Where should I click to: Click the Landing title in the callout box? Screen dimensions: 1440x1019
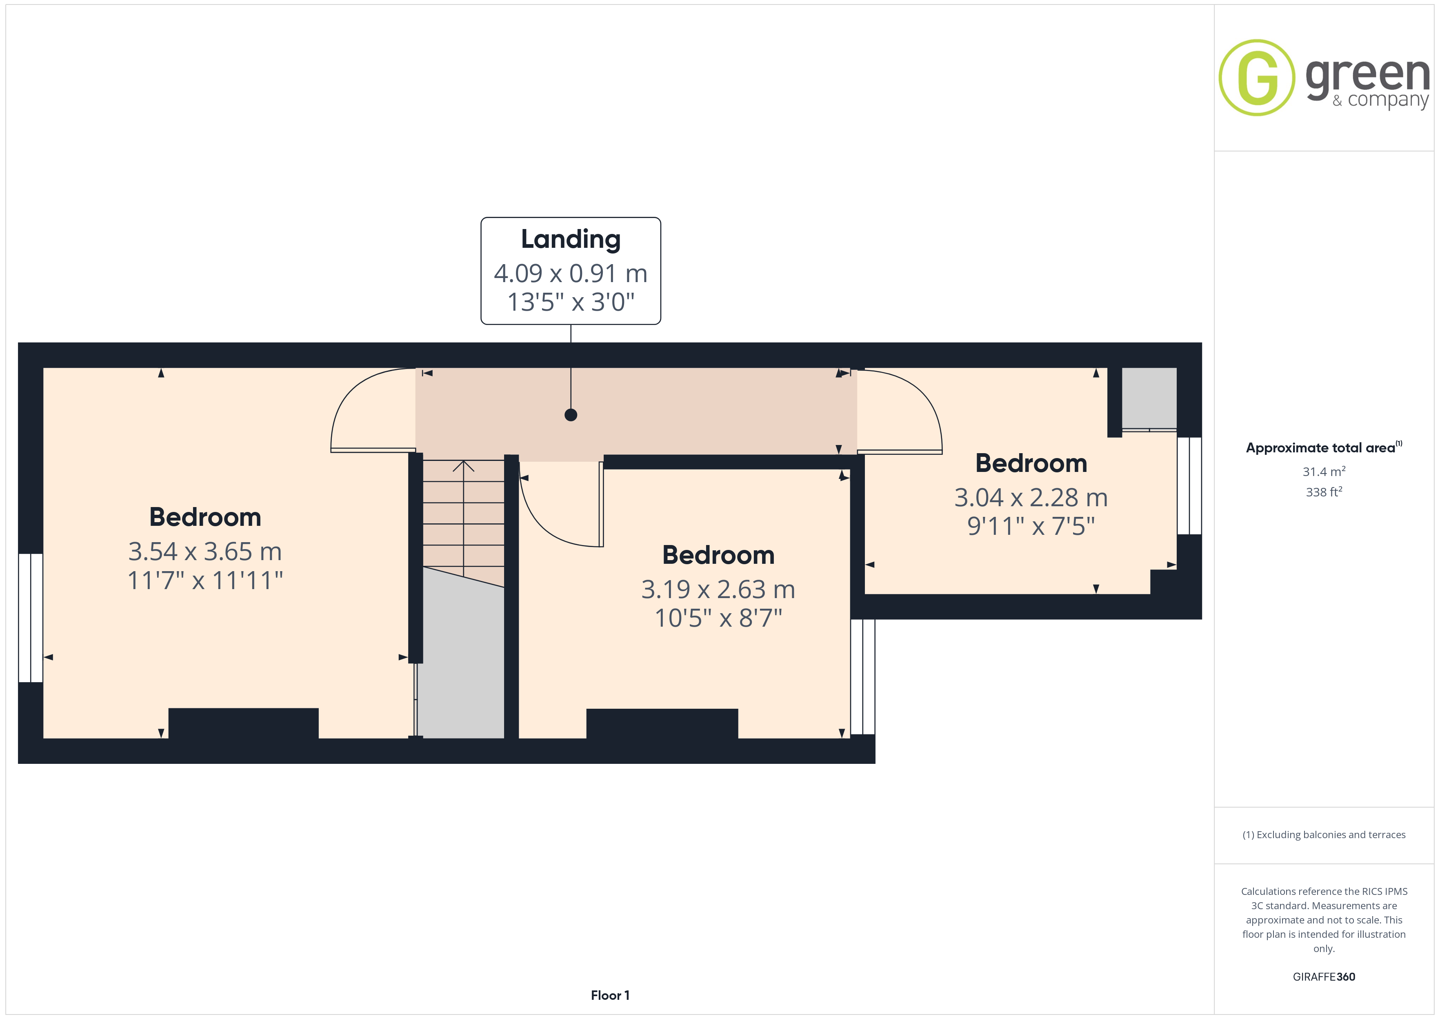coord(571,240)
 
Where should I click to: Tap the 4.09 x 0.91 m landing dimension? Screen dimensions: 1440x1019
coord(571,274)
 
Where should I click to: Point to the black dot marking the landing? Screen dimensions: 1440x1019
coord(571,415)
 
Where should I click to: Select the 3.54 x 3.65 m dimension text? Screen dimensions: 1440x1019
coord(205,552)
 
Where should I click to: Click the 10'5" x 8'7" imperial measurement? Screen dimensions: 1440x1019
coord(718,618)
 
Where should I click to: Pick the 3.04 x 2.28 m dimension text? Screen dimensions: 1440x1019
coord(1031,498)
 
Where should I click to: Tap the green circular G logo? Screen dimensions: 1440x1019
coord(1257,78)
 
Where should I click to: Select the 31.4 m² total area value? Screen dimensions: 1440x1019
coord(1324,471)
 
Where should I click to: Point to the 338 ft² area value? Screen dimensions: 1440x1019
coord(1324,492)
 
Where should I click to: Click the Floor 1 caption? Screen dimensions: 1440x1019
coord(610,995)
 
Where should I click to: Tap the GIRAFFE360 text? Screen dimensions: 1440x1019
coord(1324,977)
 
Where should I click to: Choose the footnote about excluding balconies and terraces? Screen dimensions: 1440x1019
coord(1324,834)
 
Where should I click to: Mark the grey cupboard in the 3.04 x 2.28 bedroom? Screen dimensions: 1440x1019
coord(1149,398)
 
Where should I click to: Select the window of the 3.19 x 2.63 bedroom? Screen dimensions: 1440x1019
coord(863,676)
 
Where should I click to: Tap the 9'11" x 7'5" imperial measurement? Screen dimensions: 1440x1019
coord(1031,526)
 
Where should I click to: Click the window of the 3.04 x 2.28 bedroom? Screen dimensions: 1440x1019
coord(1189,486)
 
